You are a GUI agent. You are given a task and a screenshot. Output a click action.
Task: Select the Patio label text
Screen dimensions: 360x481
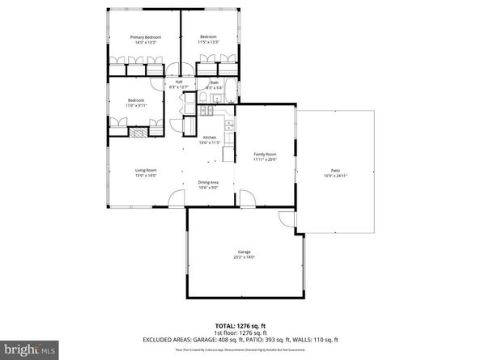point(335,171)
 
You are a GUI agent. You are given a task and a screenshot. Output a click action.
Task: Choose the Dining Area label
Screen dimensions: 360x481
point(208,182)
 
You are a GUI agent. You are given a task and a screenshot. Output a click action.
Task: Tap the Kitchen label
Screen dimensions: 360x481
point(209,138)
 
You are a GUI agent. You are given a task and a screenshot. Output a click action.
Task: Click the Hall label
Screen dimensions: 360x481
point(178,82)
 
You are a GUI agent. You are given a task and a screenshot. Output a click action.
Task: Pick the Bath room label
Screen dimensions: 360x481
point(214,82)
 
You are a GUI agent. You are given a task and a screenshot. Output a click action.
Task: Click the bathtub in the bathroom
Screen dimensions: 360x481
point(228,90)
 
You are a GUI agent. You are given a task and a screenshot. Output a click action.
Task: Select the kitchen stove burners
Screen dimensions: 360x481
point(229,125)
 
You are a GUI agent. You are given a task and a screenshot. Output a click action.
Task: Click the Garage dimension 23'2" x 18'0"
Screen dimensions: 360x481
point(245,257)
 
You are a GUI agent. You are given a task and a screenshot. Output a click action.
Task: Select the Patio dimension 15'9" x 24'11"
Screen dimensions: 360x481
point(335,176)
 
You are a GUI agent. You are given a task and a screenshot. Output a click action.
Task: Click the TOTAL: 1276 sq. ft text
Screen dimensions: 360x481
point(240,324)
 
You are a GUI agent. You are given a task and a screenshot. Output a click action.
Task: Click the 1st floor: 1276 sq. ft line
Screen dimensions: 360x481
point(240,332)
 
